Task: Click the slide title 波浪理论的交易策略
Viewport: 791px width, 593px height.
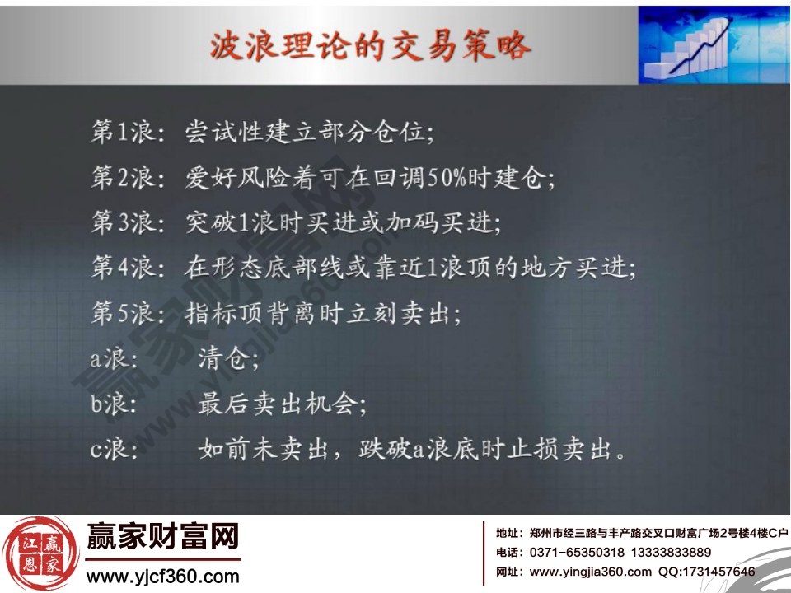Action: click(x=368, y=45)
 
